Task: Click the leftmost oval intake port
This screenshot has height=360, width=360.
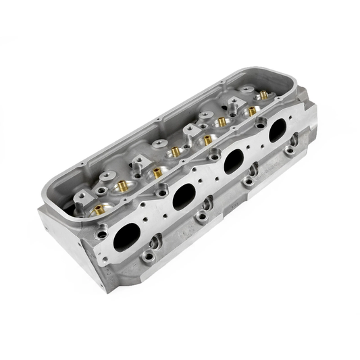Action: (127, 237)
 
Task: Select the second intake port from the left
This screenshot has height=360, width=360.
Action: (184, 197)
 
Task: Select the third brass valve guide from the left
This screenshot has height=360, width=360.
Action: (157, 173)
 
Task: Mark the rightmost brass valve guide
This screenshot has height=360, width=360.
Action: (252, 111)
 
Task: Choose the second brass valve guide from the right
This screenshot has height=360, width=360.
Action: (222, 122)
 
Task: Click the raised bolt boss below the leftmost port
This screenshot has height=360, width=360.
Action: (148, 256)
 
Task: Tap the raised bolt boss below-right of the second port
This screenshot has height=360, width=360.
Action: (202, 217)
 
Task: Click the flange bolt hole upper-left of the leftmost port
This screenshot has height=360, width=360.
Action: (102, 234)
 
